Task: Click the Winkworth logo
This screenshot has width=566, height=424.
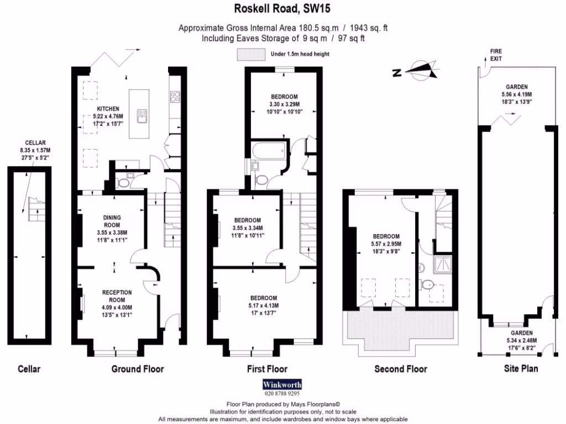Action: (x=282, y=384)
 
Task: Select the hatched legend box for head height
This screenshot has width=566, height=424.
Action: (x=251, y=54)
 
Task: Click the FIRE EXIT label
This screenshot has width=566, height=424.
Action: (x=496, y=55)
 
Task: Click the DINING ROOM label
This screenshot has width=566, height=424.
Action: (x=112, y=221)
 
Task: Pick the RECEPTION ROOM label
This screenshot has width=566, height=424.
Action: (x=117, y=296)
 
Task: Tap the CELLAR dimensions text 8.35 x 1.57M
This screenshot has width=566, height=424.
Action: (x=35, y=150)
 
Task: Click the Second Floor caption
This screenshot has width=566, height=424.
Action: (x=400, y=369)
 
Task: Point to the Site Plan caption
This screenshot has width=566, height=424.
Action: (x=521, y=368)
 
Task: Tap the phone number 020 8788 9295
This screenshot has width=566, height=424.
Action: (x=282, y=394)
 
